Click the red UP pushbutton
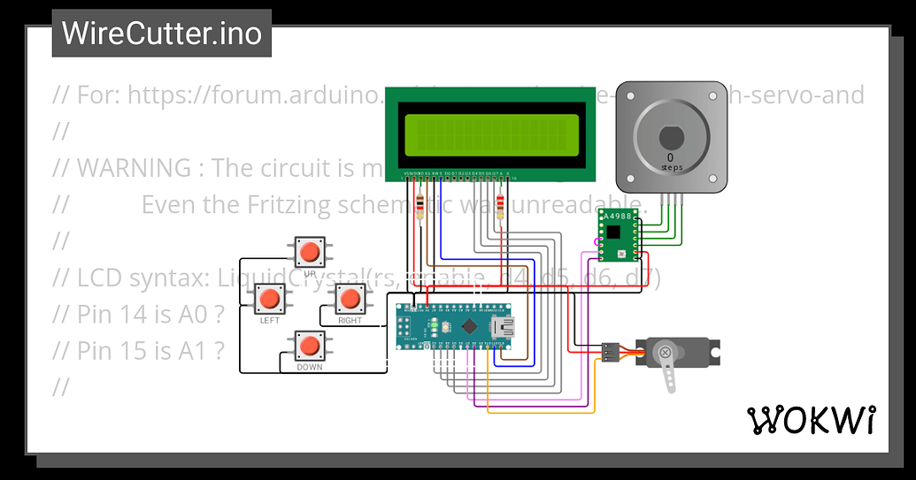(309, 252)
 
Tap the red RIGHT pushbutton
(350, 298)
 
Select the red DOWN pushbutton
(309, 346)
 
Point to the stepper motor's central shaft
(670, 138)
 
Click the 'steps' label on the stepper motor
(670, 166)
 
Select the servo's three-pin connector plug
(611, 352)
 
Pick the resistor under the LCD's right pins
(502, 207)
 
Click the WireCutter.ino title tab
(162, 34)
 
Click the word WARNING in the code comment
(134, 168)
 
